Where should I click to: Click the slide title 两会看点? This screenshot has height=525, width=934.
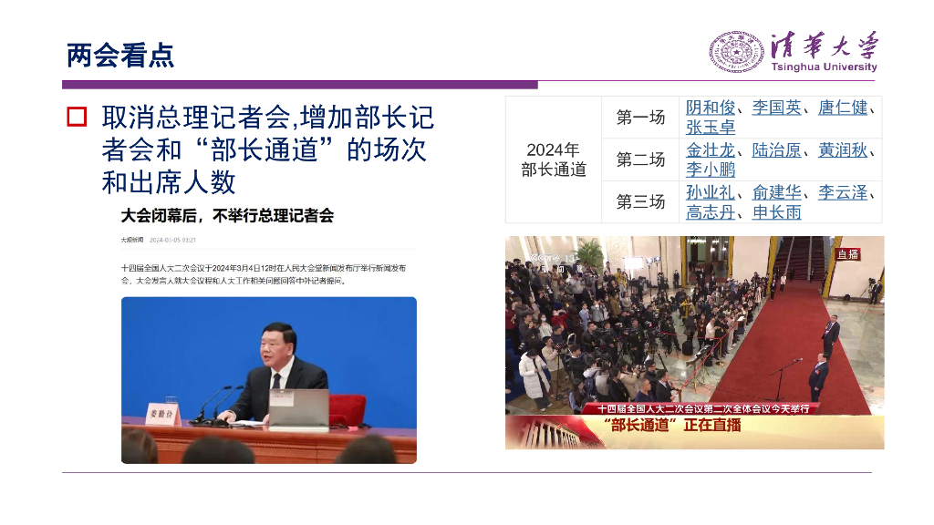pos(120,56)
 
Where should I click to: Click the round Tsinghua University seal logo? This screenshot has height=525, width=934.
pos(737,52)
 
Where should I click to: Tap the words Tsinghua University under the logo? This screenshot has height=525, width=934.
pos(824,67)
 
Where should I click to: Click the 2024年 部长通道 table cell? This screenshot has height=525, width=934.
pos(553,160)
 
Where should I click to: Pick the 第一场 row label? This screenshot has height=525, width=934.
pos(640,117)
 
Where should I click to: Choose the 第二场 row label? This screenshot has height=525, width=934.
pos(640,160)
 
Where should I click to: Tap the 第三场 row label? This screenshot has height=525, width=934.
pos(640,201)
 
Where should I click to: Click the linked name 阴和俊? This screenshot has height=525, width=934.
pos(711,108)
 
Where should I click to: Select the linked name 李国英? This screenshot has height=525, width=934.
pos(776,108)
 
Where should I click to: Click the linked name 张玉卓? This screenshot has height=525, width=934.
pos(711,128)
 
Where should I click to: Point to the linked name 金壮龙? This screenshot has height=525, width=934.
pos(711,150)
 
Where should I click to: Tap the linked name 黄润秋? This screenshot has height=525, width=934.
pos(842,150)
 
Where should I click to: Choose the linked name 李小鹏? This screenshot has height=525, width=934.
pos(711,170)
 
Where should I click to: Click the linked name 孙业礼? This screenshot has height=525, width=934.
pos(711,192)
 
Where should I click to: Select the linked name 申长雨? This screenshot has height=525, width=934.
pos(776,212)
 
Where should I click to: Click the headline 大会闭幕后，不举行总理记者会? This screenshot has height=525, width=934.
pos(228,216)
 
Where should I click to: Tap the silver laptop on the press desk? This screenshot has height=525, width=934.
pos(299,409)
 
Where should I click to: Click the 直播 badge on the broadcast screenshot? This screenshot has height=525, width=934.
pos(848,254)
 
